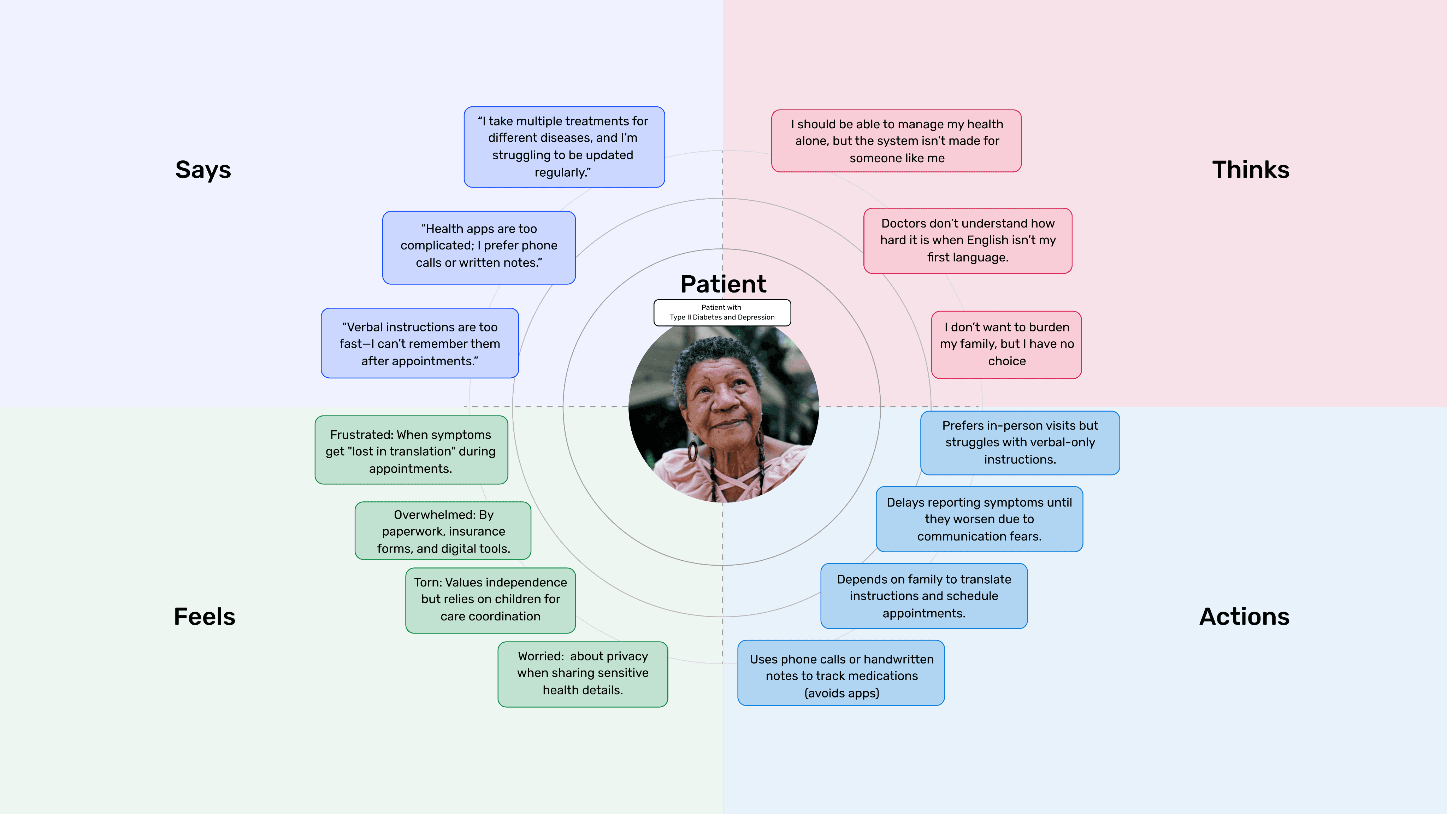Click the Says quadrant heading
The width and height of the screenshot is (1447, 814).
coord(203,170)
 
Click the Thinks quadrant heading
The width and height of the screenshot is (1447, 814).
coord(1250,170)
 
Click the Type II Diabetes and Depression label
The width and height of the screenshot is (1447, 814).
coord(722,313)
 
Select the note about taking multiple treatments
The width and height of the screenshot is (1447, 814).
coord(564,147)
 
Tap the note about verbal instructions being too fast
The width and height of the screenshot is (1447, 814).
coord(420,343)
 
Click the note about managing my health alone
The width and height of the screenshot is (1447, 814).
coord(897,141)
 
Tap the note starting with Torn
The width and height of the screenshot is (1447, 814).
coord(490,600)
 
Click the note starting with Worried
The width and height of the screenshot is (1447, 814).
coord(583,673)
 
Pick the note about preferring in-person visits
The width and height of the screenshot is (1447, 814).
coord(1020,443)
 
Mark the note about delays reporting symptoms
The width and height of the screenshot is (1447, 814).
coord(979,519)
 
